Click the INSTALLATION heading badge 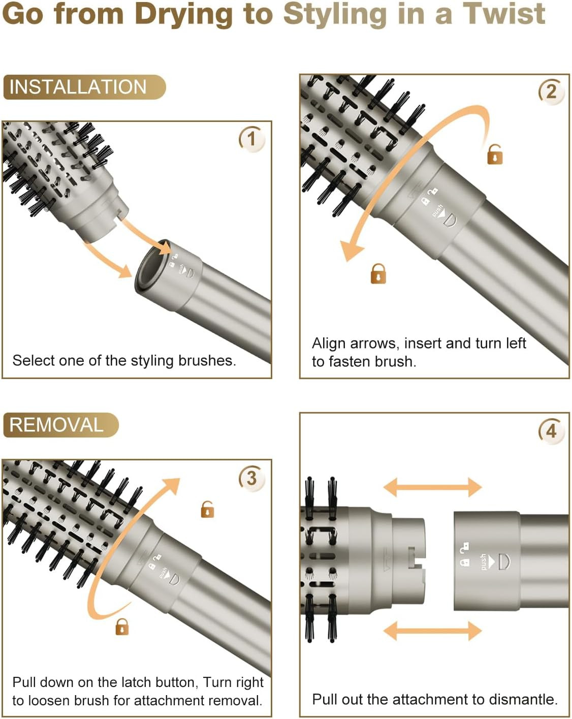tap(84, 87)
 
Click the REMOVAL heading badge tap(60, 425)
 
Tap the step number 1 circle tap(251, 138)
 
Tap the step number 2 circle tap(551, 92)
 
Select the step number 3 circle tap(251, 478)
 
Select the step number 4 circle tap(551, 431)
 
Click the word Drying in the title tap(183, 14)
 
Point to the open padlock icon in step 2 tap(494, 154)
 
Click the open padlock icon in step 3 tap(207, 509)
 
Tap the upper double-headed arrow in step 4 tap(432, 487)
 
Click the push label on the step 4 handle tap(483, 562)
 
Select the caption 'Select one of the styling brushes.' tap(124, 360)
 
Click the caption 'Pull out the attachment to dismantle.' tap(434, 699)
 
